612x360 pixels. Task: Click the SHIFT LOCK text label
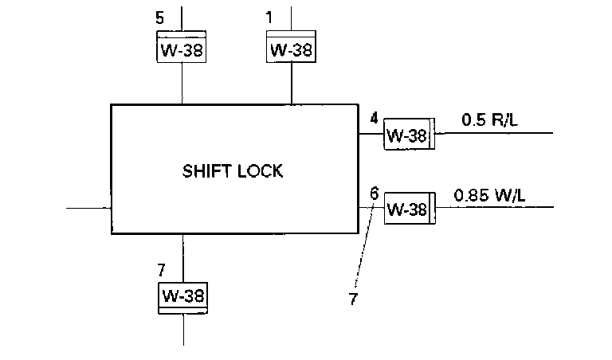233,170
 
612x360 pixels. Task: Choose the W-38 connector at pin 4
408,135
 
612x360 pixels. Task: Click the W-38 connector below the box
183,295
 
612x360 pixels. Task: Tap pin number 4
374,118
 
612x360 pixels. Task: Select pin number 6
374,193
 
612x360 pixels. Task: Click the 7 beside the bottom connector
162,268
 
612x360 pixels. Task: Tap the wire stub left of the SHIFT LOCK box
88,208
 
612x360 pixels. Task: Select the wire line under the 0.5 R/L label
494,134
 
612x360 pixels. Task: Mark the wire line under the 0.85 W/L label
494,208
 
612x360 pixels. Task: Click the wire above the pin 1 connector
291,18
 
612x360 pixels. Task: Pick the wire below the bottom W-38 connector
183,330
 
